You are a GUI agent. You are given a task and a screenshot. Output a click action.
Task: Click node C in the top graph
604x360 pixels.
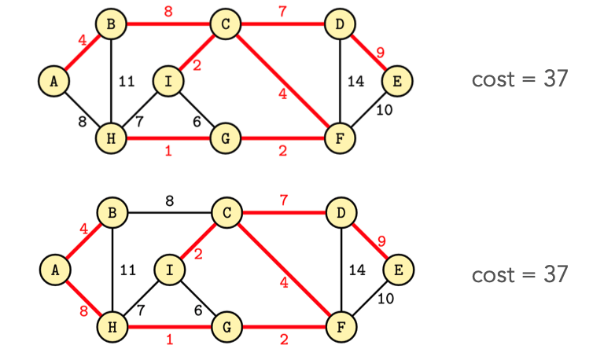pyautogui.click(x=226, y=24)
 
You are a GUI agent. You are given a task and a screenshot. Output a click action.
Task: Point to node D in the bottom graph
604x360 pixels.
pyautogui.click(x=340, y=212)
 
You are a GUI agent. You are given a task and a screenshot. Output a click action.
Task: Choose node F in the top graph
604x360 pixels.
pyautogui.click(x=340, y=138)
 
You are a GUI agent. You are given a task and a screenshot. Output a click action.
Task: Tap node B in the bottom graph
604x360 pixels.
pyautogui.click(x=111, y=212)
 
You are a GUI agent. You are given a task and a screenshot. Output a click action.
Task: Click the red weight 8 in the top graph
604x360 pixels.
pyautogui.click(x=168, y=11)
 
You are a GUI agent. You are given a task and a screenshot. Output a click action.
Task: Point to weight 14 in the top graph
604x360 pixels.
pyautogui.click(x=355, y=80)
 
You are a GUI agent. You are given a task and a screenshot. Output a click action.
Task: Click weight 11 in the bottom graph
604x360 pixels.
pyautogui.click(x=127, y=270)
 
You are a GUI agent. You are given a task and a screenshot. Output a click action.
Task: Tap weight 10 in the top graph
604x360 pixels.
pyautogui.click(x=384, y=110)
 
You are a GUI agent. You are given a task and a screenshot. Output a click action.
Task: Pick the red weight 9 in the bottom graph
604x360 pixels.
pyautogui.click(x=381, y=241)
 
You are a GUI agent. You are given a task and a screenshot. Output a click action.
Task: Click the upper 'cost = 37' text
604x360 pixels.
pyautogui.click(x=519, y=79)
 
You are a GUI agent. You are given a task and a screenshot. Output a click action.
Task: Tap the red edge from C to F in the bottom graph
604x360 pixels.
pyautogui.click(x=283, y=270)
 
